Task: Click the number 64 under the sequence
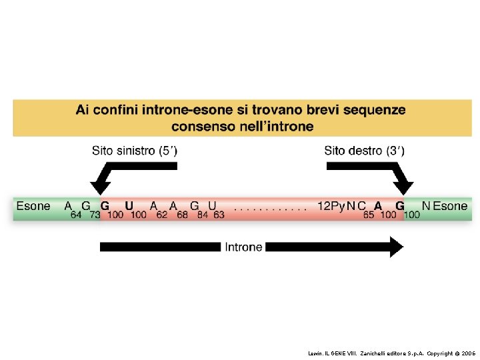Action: click(x=76, y=215)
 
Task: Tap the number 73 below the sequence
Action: click(x=95, y=215)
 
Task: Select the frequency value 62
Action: click(x=162, y=215)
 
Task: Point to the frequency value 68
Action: click(x=182, y=215)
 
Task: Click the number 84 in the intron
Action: click(x=202, y=215)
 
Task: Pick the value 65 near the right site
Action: click(x=369, y=215)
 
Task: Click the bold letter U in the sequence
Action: click(x=129, y=206)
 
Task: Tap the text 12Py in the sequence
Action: click(x=330, y=206)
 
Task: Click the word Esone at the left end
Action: click(x=33, y=206)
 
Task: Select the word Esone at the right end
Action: click(x=451, y=206)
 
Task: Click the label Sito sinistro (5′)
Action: click(x=135, y=151)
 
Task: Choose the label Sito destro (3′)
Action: click(x=364, y=151)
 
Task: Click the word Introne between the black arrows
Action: click(x=243, y=247)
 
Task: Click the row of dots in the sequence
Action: click(x=271, y=208)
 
